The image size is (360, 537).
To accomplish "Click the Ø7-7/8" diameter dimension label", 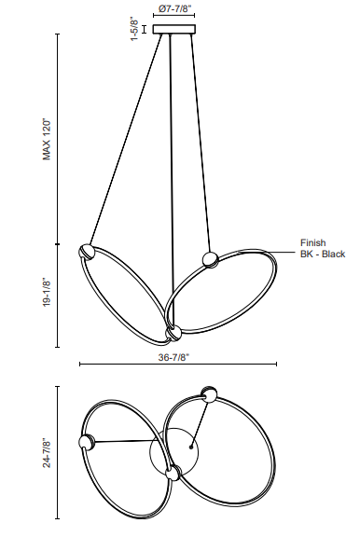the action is pos(174,8).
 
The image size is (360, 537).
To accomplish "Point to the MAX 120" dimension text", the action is pos(47,140).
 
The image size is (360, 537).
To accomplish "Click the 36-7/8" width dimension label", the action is pos(173,357).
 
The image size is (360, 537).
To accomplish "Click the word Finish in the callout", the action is pos(313,242).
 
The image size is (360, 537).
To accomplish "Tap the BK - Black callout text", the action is pos(323,255).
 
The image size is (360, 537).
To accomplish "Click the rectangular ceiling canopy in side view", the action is pos(174,29).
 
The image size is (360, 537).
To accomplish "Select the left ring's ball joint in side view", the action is pos(87,252).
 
